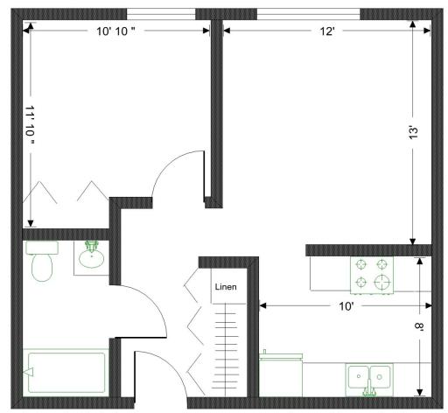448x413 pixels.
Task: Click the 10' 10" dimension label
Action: pyautogui.click(x=115, y=31)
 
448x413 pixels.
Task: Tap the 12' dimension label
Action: pyautogui.click(x=327, y=31)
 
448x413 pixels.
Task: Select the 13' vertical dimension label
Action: pyautogui.click(x=414, y=133)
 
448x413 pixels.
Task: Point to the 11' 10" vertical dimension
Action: pyautogui.click(x=30, y=125)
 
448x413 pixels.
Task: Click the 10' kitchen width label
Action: pyautogui.click(x=346, y=306)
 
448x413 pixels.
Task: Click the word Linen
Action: pyautogui.click(x=226, y=287)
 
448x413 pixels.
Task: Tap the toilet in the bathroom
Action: pyautogui.click(x=42, y=261)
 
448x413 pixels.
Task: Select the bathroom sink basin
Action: pyautogui.click(x=92, y=256)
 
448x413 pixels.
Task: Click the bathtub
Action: pyautogui.click(x=66, y=373)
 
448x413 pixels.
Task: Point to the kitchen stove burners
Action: pyautogui.click(x=372, y=275)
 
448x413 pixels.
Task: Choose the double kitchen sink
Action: pyautogui.click(x=369, y=380)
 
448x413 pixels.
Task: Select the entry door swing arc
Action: pyautogui.click(x=170, y=365)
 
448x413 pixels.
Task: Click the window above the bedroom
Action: pyautogui.click(x=161, y=14)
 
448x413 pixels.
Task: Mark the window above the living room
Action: pyautogui.click(x=309, y=14)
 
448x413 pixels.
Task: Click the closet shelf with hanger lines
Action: pyautogui.click(x=226, y=350)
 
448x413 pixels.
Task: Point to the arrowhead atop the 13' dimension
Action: pyautogui.click(x=412, y=24)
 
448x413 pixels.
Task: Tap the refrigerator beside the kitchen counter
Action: pyautogui.click(x=281, y=374)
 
